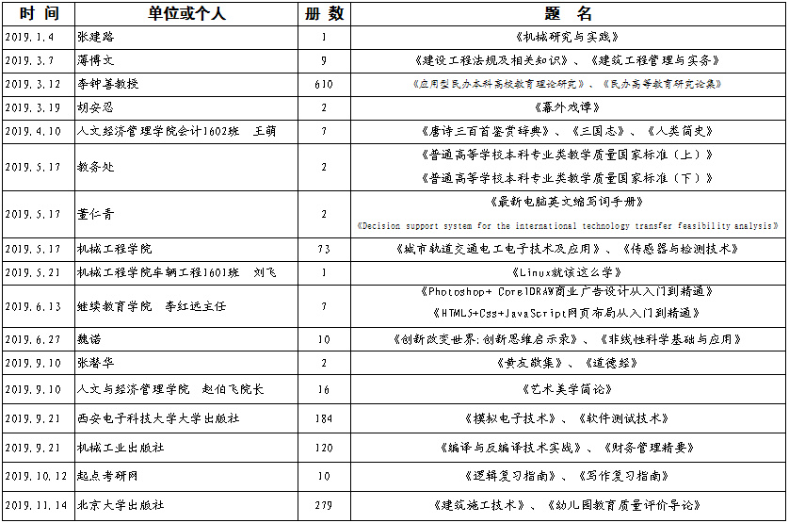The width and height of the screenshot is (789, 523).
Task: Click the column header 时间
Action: coord(38,13)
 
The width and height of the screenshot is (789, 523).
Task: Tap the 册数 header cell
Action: coord(324,13)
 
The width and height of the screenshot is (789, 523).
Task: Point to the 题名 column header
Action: coord(568,13)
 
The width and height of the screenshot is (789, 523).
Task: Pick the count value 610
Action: coord(324,84)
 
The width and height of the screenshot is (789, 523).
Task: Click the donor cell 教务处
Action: coord(96,167)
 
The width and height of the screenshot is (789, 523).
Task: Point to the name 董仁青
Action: coord(96,214)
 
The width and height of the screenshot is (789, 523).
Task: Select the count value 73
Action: coord(324,249)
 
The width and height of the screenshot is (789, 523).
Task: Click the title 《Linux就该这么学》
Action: coord(567,272)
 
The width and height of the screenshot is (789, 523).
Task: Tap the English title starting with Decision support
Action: coord(568,226)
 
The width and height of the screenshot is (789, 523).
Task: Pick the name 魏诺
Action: coord(89,339)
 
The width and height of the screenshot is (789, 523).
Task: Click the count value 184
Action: coord(324,417)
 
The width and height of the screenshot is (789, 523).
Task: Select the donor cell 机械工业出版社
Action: coord(121,448)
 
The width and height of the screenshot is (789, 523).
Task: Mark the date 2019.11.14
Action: coord(35,505)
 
